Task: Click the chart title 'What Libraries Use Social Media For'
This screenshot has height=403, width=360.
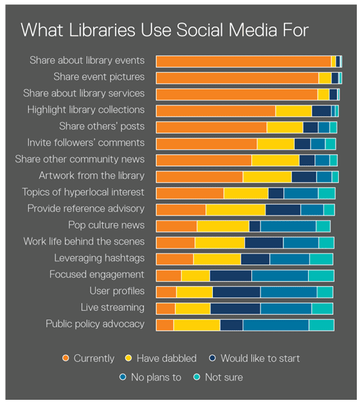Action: click(164, 31)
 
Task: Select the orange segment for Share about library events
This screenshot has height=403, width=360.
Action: click(243, 61)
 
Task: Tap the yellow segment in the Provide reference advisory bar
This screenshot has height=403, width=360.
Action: click(235, 209)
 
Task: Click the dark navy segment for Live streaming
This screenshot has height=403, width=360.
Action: click(235, 308)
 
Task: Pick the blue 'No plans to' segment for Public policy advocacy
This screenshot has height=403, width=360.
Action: click(276, 324)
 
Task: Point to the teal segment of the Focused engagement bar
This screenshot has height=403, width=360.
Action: click(321, 275)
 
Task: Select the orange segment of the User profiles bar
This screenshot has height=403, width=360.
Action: click(166, 292)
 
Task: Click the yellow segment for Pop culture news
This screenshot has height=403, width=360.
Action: click(223, 226)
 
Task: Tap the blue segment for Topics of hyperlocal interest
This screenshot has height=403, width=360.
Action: click(301, 193)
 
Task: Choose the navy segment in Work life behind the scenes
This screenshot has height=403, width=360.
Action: click(263, 243)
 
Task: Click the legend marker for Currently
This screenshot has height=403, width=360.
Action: click(65, 358)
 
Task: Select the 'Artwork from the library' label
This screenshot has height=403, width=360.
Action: click(91, 176)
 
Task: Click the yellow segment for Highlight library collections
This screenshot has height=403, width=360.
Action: click(293, 110)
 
